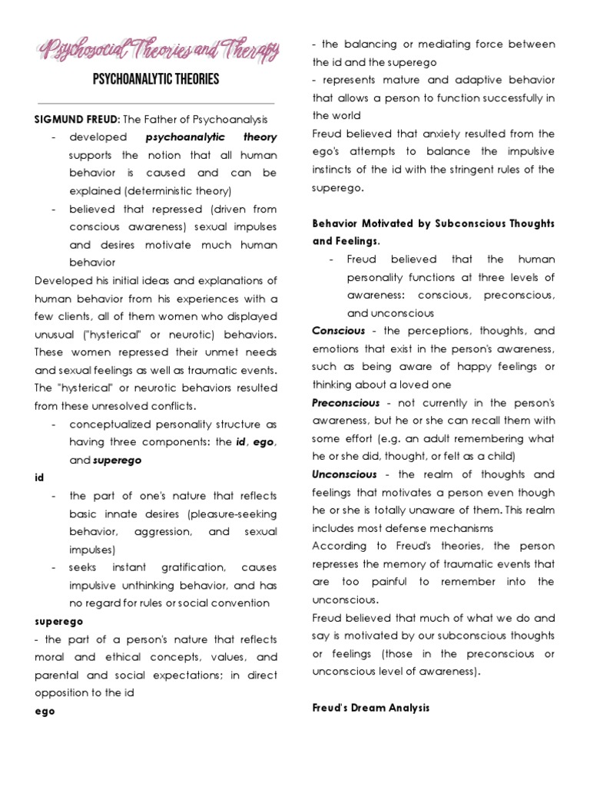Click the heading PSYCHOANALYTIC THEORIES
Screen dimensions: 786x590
point(155,79)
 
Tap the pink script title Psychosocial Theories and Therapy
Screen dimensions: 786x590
point(158,52)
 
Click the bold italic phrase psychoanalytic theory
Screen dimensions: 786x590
point(211,137)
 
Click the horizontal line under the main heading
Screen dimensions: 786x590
point(155,103)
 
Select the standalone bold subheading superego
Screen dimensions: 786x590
point(58,621)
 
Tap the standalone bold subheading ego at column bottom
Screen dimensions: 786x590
point(45,711)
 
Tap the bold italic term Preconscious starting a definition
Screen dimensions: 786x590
point(346,403)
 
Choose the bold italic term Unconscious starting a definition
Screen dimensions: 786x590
point(344,474)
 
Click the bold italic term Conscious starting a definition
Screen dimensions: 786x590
point(337,331)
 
